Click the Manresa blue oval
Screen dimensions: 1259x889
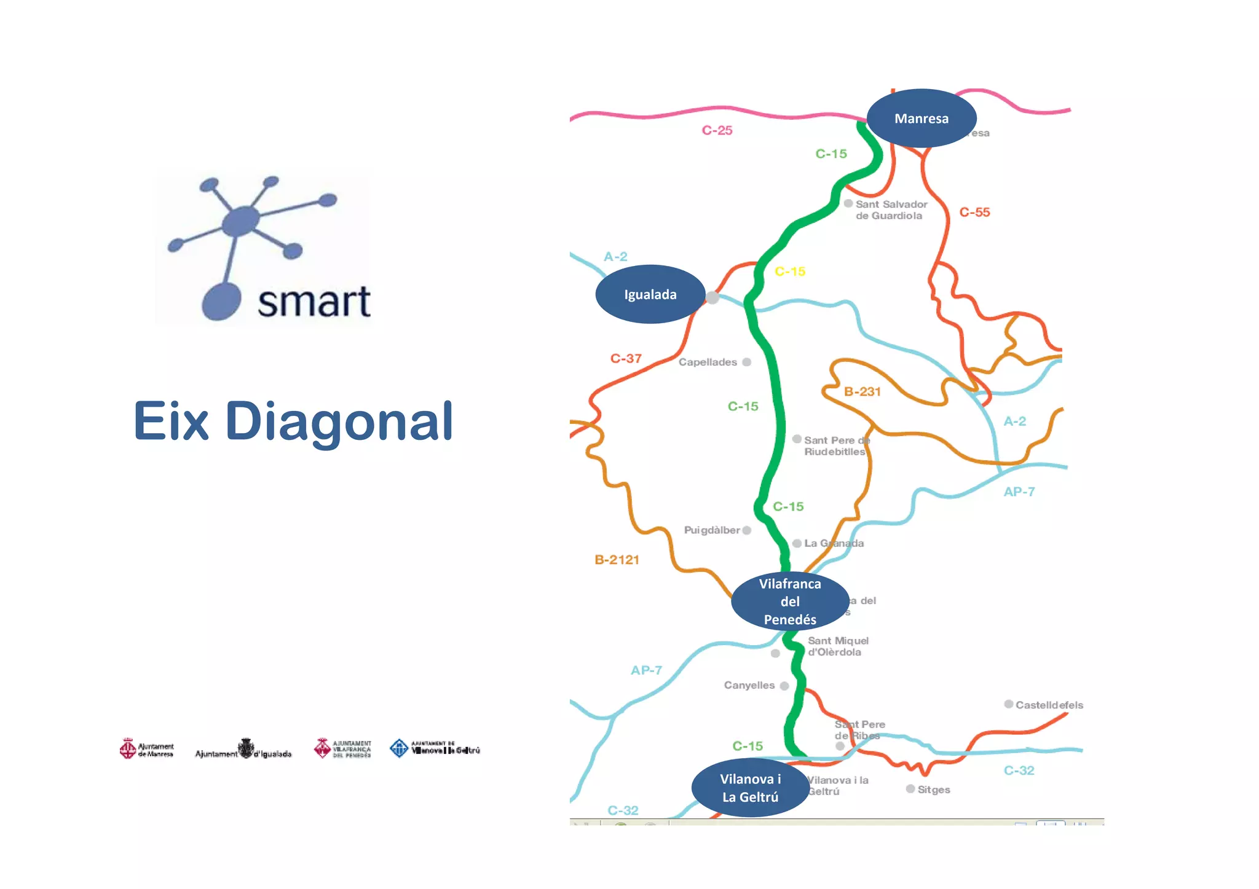(x=921, y=118)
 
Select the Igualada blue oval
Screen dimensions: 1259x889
(x=650, y=294)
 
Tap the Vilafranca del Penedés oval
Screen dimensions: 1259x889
(x=790, y=601)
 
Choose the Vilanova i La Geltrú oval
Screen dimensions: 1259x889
(x=750, y=788)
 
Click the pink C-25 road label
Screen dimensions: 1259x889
(x=717, y=130)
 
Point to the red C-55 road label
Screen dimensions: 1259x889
(x=974, y=212)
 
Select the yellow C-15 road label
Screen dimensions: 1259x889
(x=789, y=272)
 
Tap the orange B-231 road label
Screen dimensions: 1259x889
(x=862, y=391)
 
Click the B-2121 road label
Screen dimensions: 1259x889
(x=617, y=560)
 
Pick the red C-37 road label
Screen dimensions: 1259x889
(x=626, y=358)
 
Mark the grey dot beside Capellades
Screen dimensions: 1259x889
(x=746, y=362)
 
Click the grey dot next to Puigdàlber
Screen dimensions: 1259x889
(x=746, y=530)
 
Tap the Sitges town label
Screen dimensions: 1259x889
(x=933, y=789)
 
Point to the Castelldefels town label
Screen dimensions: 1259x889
(x=1049, y=705)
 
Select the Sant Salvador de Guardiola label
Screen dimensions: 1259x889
(x=891, y=210)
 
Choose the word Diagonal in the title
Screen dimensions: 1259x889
(x=339, y=421)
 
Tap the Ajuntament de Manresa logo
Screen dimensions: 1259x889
(x=147, y=749)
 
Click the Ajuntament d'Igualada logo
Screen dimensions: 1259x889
(x=243, y=750)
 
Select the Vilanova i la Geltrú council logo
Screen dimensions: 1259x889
(x=435, y=748)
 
